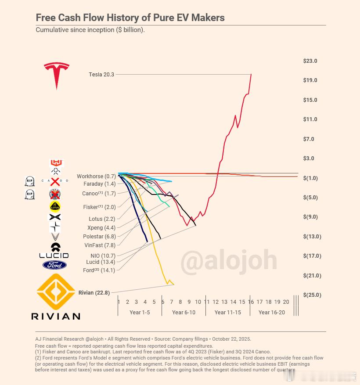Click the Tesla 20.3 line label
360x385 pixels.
pos(101,75)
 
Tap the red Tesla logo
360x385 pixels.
pos(57,75)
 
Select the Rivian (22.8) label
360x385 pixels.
pos(94,293)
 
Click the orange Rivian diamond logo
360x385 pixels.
pos(56,292)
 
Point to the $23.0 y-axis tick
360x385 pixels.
pos(310,61)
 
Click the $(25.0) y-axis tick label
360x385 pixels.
pos(312,295)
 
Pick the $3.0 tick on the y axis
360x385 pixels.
pos(309,158)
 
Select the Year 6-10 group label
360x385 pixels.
pos(184,313)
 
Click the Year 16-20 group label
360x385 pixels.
pos(271,313)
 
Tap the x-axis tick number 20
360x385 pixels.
pos(286,302)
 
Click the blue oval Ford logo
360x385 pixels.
pos(55,265)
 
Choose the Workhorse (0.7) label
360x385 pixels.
pos(96,176)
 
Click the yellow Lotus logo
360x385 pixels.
pos(55,206)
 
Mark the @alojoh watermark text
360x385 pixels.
pos(228,261)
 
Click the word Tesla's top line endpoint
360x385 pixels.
pos(251,74)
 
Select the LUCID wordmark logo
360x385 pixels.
pos(54,255)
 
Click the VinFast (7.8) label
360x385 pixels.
pos(100,245)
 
